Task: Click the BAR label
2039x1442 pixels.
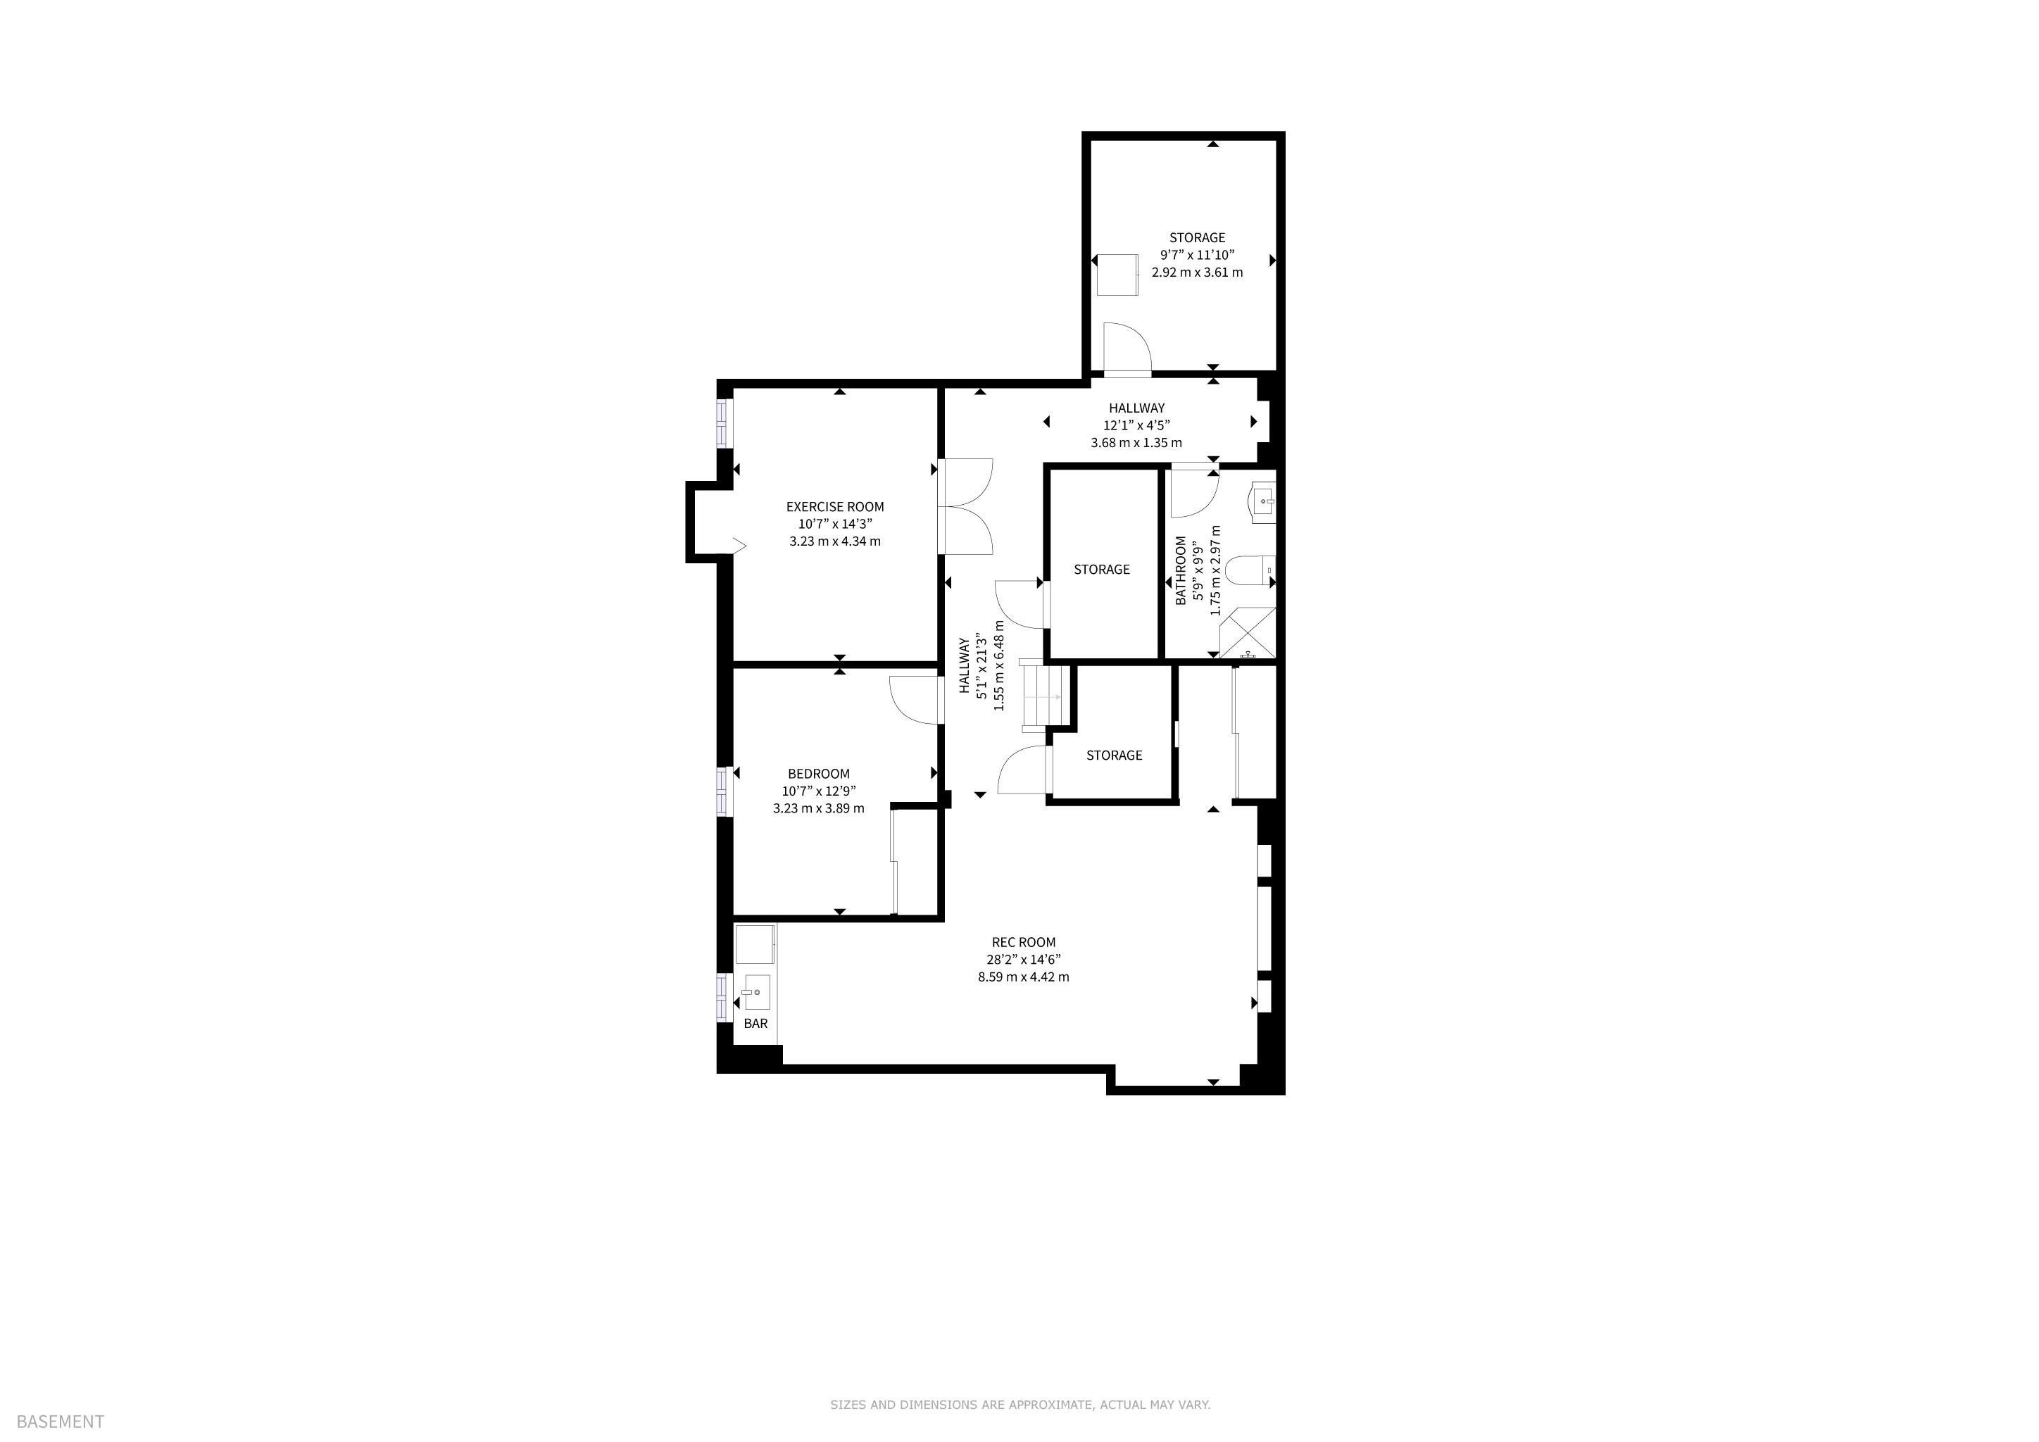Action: pyautogui.click(x=755, y=1024)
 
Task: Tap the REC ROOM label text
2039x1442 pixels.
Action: pyautogui.click(x=1023, y=942)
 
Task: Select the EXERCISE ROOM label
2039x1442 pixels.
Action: pyautogui.click(x=835, y=507)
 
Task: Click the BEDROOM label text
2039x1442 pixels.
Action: pyautogui.click(x=818, y=773)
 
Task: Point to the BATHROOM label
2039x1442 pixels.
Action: pyautogui.click(x=1180, y=570)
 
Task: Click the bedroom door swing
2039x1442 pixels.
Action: pyautogui.click(x=914, y=701)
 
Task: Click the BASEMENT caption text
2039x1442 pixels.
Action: pyautogui.click(x=61, y=1422)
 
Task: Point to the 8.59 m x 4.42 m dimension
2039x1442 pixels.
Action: pyautogui.click(x=1023, y=977)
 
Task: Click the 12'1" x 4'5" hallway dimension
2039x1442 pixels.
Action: pyautogui.click(x=1136, y=425)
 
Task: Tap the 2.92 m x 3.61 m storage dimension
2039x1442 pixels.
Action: pyautogui.click(x=1197, y=272)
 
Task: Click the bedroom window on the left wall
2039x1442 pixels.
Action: pyautogui.click(x=724, y=790)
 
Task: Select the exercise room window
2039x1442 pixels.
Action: pyautogui.click(x=724, y=424)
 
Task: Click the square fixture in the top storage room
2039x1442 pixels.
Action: pyautogui.click(x=1117, y=275)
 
